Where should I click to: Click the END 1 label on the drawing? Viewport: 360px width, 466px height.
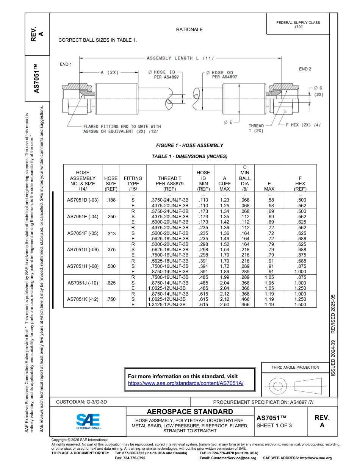(x=66, y=64)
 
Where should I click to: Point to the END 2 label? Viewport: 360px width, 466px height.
(x=305, y=69)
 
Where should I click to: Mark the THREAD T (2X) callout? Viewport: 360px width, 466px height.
(x=256, y=128)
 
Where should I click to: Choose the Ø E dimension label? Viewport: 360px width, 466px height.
(x=228, y=122)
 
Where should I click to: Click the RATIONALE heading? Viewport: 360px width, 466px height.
(x=189, y=30)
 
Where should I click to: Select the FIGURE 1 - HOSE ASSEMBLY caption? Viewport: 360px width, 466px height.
(x=189, y=145)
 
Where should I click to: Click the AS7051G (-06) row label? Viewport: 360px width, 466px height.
(x=83, y=250)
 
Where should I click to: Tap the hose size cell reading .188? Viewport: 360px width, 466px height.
(x=111, y=200)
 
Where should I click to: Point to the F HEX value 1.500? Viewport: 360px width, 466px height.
(x=300, y=304)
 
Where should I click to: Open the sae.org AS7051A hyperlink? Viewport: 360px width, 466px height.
(x=186, y=383)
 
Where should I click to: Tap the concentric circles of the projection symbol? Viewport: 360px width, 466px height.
(x=278, y=386)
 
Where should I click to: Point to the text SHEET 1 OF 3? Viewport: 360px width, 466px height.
(x=274, y=425)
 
